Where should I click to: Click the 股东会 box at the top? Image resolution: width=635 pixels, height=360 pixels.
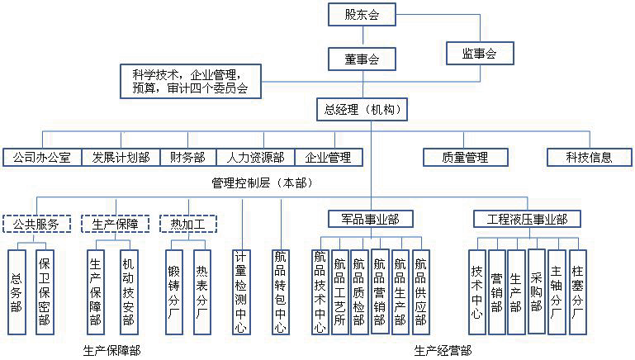pyautogui.click(x=362, y=14)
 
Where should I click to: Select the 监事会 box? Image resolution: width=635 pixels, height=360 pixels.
pyautogui.click(x=479, y=54)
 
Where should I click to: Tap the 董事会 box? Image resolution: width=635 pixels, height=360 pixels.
pyautogui.click(x=362, y=59)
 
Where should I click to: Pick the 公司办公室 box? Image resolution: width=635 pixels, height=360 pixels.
pyautogui.click(x=41, y=157)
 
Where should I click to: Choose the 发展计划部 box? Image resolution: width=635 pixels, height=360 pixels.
pyautogui.click(x=121, y=157)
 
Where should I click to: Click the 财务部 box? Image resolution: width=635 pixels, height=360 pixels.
pyautogui.click(x=187, y=157)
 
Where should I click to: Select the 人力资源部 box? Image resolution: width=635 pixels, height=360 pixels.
pyautogui.click(x=256, y=157)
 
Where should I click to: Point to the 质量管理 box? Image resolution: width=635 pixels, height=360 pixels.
pyautogui.click(x=465, y=157)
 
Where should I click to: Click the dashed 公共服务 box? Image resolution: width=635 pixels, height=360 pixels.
pyautogui.click(x=36, y=224)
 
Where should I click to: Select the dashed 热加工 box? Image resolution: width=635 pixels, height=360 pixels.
pyautogui.click(x=187, y=224)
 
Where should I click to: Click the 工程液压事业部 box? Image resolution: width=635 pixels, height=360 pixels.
pyautogui.click(x=527, y=219)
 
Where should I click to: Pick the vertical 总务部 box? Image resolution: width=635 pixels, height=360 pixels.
pyautogui.click(x=17, y=291)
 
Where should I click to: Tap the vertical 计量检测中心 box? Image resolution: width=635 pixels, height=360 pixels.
pyautogui.click(x=241, y=291)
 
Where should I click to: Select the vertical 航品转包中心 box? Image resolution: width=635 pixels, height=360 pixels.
pyautogui.click(x=282, y=291)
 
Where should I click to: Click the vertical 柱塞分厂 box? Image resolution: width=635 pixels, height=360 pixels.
pyautogui.click(x=577, y=291)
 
